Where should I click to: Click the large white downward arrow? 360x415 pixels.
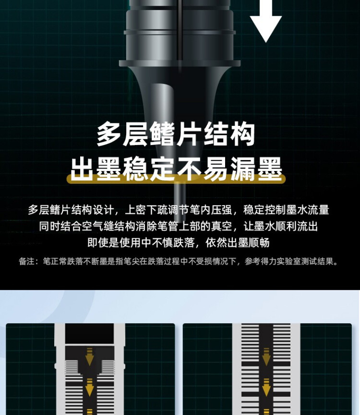tap(265, 22)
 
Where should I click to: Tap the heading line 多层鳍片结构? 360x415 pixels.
tap(176, 134)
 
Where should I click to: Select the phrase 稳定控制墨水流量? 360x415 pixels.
tap(287, 210)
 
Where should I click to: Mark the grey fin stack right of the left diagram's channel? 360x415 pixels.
tap(108, 368)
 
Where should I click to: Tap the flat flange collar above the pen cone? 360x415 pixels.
tap(180, 63)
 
